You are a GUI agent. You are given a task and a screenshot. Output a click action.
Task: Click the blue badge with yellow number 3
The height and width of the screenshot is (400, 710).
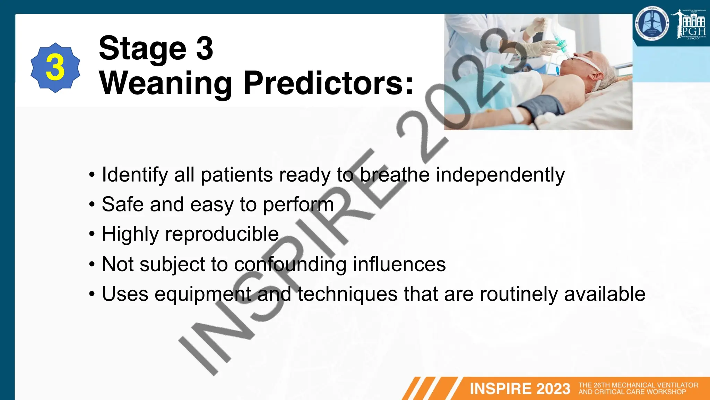(x=55, y=68)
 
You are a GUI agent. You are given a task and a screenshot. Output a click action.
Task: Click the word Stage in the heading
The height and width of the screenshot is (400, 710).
(x=142, y=49)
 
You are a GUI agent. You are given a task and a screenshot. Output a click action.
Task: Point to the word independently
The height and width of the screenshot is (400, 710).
(x=500, y=175)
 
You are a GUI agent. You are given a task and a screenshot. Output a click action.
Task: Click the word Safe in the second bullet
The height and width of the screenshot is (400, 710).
(x=123, y=204)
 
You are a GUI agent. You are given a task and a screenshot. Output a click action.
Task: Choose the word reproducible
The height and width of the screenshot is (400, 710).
(x=222, y=234)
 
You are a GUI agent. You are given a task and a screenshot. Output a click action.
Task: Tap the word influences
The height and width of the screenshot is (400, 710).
(x=399, y=264)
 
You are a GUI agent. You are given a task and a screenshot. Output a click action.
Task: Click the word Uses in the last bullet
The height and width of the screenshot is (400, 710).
(x=125, y=294)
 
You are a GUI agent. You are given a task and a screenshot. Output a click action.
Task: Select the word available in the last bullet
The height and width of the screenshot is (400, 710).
(x=605, y=294)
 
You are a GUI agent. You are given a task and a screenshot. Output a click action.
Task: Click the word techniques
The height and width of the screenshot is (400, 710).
(x=347, y=294)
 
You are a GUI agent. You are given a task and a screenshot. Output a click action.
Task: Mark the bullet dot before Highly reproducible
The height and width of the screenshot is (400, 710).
(x=92, y=234)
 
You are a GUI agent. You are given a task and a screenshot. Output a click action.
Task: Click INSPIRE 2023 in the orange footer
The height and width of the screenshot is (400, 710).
(x=520, y=389)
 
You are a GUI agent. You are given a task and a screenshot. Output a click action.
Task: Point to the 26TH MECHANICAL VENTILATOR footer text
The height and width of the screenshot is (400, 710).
(x=638, y=385)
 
